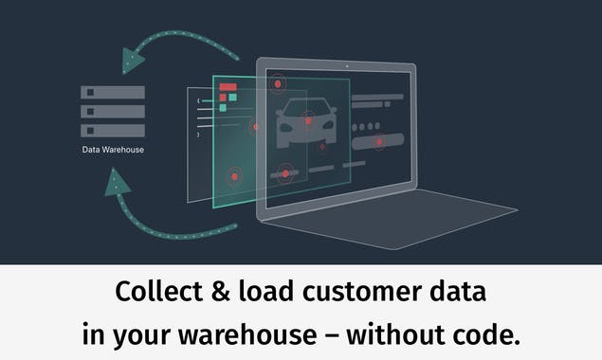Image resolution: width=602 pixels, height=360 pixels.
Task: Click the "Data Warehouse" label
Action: click(113, 149)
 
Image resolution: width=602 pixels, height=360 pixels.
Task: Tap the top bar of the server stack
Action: click(113, 93)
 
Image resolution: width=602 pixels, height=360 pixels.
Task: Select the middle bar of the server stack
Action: click(113, 111)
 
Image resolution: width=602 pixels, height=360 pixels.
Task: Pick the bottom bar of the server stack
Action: click(113, 130)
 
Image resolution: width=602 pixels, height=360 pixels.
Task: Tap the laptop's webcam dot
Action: click(348, 65)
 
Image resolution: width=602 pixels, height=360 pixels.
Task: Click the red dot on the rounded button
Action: click(378, 143)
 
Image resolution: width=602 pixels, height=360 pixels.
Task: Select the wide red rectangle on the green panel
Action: click(228, 87)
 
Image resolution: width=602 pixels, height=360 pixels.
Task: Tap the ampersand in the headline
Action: click(218, 293)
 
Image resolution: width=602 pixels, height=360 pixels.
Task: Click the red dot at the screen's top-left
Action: click(278, 84)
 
